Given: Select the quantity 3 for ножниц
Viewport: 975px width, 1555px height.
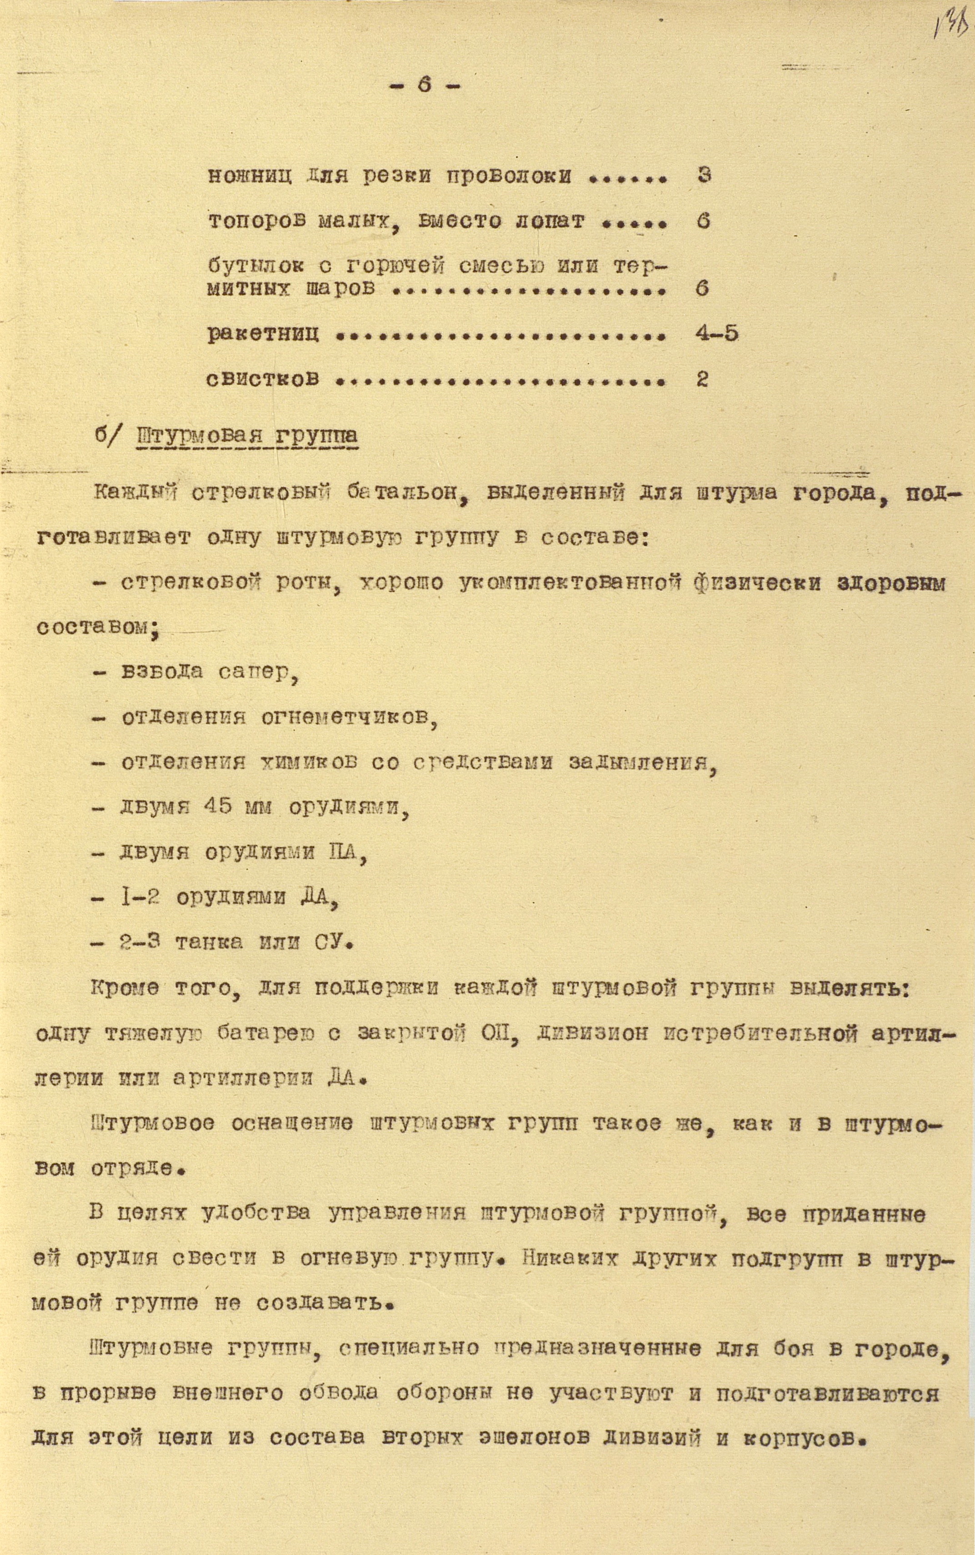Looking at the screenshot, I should point(704,174).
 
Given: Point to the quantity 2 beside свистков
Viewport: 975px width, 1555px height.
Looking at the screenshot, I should point(702,379).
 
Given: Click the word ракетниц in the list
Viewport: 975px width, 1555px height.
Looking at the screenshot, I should point(263,334).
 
